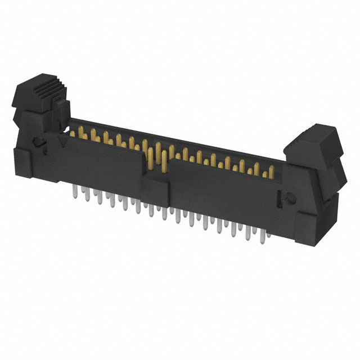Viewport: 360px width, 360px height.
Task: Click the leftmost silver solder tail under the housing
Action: [x=74, y=194]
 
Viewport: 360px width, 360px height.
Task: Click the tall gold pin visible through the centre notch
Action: [x=163, y=163]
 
